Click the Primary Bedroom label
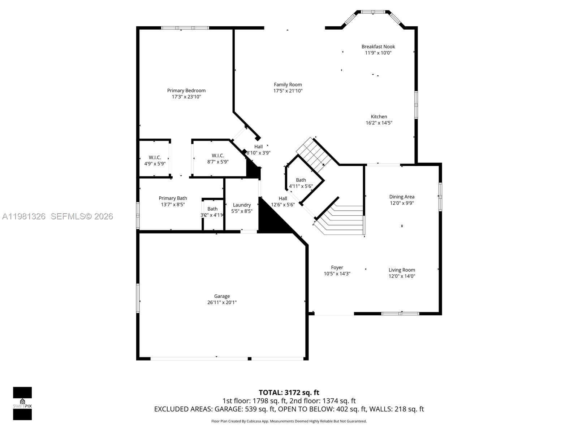(186, 91)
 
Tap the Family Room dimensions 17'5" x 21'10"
(288, 91)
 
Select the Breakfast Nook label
(378, 47)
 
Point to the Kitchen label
(379, 117)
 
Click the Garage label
(222, 296)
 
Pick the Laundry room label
(242, 205)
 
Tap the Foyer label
(337, 267)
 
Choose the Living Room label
(402, 270)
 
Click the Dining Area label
(401, 197)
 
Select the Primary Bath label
(173, 198)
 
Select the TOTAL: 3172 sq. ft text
(289, 392)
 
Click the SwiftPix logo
(22, 403)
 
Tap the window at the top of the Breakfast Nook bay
(373, 12)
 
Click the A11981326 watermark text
(24, 216)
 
